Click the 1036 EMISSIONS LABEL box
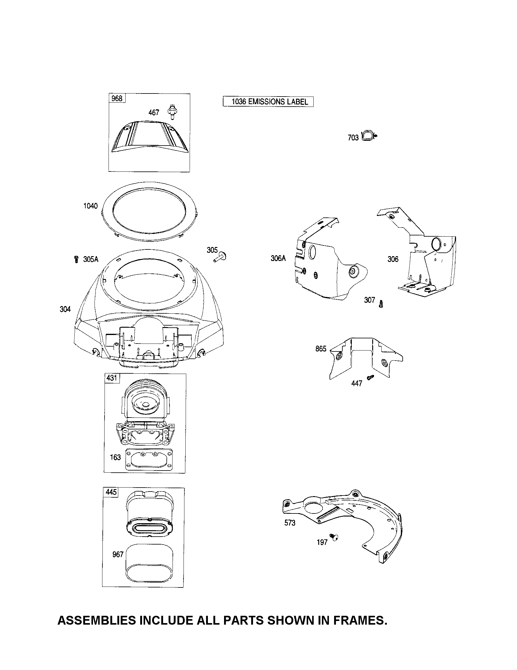point(268,102)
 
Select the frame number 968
point(117,98)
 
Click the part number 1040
point(91,206)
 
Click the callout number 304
point(65,309)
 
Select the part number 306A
point(278,258)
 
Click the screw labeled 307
point(381,304)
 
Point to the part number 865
point(321,349)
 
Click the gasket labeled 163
point(149,459)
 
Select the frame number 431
point(112,378)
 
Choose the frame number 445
point(111,492)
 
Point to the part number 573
point(290,523)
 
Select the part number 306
point(393,259)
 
